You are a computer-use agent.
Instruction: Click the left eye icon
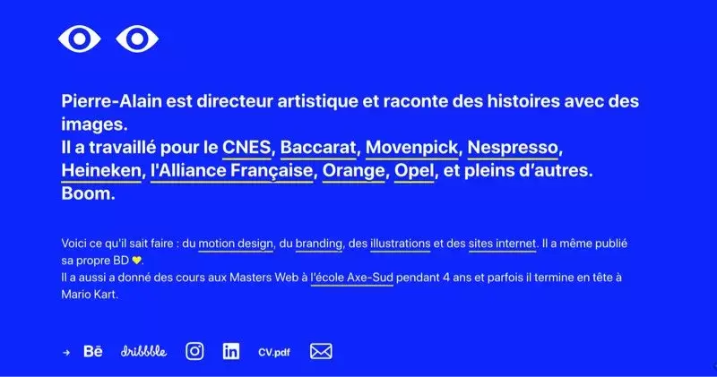(80, 39)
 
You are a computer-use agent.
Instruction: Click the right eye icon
(137, 39)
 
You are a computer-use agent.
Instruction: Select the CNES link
(246, 148)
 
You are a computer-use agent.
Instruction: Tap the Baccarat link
(318, 148)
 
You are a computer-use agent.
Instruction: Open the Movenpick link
(411, 148)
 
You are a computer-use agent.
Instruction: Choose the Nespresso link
(513, 148)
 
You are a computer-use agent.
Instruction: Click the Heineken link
(101, 171)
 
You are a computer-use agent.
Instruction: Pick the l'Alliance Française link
(232, 171)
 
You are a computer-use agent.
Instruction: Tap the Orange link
(353, 171)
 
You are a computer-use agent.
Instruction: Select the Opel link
(414, 171)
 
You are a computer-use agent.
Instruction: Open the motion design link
(236, 244)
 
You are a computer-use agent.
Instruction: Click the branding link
(319, 244)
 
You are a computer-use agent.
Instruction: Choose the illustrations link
(400, 244)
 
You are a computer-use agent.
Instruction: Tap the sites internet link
(502, 244)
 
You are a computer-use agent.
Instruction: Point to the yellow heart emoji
(136, 261)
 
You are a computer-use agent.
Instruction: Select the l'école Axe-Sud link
(352, 278)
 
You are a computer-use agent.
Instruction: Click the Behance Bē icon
(93, 351)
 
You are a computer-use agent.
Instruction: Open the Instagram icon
(194, 351)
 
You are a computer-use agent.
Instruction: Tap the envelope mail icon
(321, 351)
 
